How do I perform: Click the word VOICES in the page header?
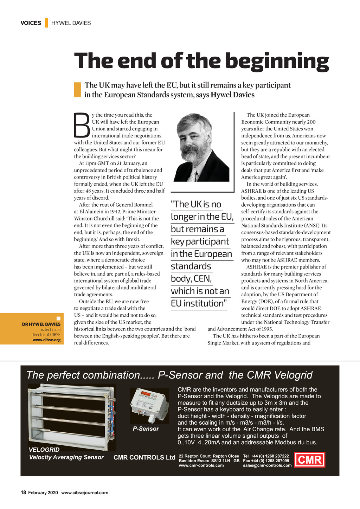click(31, 23)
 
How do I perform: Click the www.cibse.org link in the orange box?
click(46, 340)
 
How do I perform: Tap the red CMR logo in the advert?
click(309, 460)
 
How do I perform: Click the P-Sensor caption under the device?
click(146, 429)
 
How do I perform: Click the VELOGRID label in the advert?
click(44, 450)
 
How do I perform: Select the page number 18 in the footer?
click(23, 492)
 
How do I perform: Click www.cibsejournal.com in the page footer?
click(85, 493)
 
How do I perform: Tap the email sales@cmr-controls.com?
click(267, 465)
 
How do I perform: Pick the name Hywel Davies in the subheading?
click(232, 95)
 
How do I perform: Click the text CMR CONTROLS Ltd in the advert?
click(144, 457)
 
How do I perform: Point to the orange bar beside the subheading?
click(77, 90)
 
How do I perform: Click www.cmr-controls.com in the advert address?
click(201, 465)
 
